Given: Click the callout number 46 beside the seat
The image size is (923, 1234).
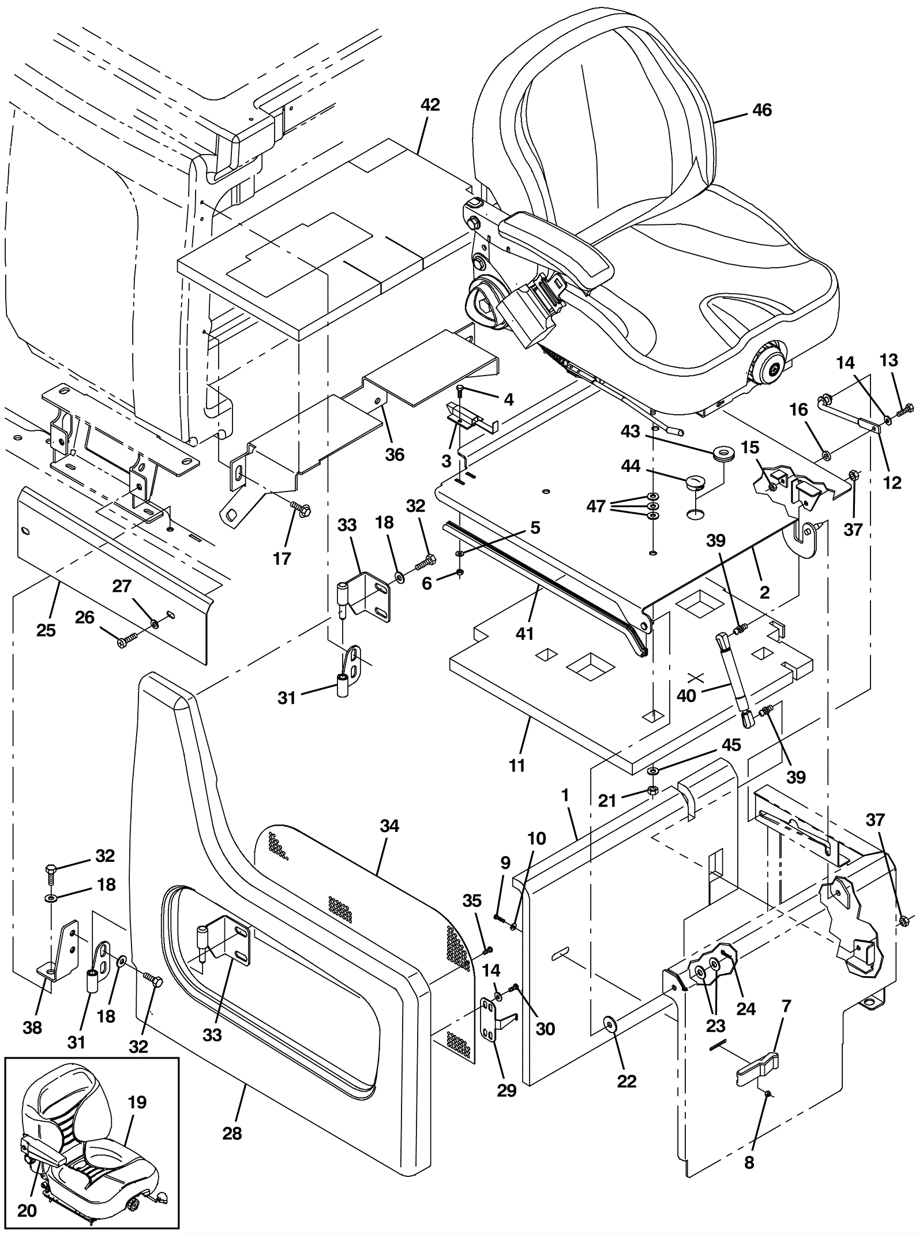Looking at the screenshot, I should pyautogui.click(x=762, y=110).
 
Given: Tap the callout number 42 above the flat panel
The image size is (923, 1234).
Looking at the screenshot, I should pyautogui.click(x=430, y=104).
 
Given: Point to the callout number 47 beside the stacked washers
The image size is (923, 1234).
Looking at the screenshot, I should pyautogui.click(x=596, y=506).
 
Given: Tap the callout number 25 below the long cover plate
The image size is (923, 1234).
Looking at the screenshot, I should pyautogui.click(x=46, y=630).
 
